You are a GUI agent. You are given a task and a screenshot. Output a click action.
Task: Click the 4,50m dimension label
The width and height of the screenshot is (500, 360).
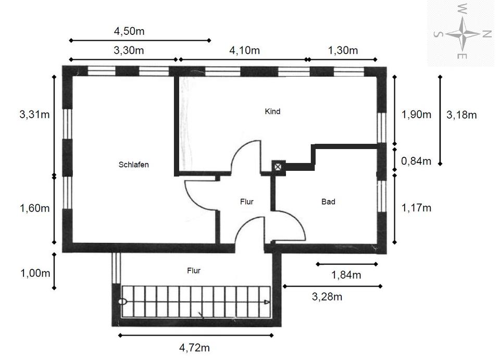point(129,31)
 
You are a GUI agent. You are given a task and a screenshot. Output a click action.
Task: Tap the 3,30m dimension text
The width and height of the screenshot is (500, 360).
point(129,51)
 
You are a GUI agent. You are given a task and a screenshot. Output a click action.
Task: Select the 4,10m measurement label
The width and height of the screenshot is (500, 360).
point(245,51)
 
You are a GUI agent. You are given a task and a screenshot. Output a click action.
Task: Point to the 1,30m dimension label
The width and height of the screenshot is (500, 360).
point(343,51)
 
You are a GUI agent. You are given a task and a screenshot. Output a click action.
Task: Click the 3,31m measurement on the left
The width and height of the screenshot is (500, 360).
point(35,114)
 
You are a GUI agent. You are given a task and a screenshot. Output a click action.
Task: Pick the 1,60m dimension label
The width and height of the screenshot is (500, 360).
point(35,208)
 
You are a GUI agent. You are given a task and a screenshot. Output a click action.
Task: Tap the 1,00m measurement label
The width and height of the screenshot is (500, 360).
point(35,274)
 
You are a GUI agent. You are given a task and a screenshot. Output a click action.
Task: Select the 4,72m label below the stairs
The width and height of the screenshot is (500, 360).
point(194,347)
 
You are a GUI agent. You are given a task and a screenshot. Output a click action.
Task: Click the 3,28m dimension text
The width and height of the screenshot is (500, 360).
point(327,297)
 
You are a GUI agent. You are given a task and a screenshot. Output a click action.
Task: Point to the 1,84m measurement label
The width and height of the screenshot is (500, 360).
point(346,275)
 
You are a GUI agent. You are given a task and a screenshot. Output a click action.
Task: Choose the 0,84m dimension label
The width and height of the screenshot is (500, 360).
point(416,161)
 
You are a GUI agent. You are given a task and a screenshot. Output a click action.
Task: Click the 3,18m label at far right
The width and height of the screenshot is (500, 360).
point(461,115)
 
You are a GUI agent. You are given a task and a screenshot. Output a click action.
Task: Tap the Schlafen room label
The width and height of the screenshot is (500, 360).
point(134,165)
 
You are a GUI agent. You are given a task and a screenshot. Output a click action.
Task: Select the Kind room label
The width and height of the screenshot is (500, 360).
point(272,111)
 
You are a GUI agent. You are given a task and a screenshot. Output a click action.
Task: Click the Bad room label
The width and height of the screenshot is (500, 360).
point(329,202)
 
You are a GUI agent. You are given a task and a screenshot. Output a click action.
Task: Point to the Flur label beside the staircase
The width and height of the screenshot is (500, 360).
point(194,271)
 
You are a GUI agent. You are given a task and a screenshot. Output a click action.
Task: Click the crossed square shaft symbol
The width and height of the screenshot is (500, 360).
point(278,166)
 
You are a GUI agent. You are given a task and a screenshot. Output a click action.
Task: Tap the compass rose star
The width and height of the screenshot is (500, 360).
point(463,33)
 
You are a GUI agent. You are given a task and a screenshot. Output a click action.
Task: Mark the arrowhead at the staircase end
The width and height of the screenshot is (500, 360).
point(267,302)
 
